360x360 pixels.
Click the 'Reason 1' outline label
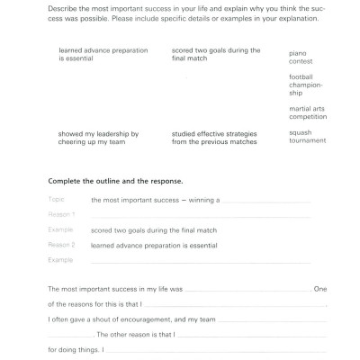61,214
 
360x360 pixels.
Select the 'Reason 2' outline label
61,244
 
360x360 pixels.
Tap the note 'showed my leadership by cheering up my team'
97,137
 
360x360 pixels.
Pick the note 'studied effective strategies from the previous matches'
213,137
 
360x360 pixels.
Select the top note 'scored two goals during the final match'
215,54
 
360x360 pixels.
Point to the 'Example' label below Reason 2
60,259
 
